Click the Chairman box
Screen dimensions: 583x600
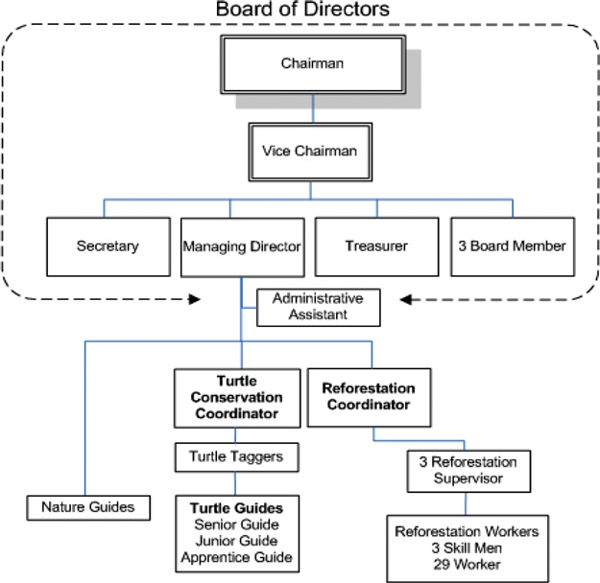pos(302,64)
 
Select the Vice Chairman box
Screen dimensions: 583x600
pos(309,151)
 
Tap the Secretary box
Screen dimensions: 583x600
pos(108,245)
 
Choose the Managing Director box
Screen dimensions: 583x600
pos(242,246)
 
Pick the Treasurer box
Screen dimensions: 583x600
pos(376,246)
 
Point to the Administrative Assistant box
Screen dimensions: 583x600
pos(318,307)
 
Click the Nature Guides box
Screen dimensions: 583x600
pos(88,505)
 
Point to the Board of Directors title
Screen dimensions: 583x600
pos(301,10)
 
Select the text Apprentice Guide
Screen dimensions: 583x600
pos(235,556)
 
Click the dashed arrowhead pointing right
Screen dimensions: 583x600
pos(194,299)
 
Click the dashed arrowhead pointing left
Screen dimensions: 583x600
pos(409,299)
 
